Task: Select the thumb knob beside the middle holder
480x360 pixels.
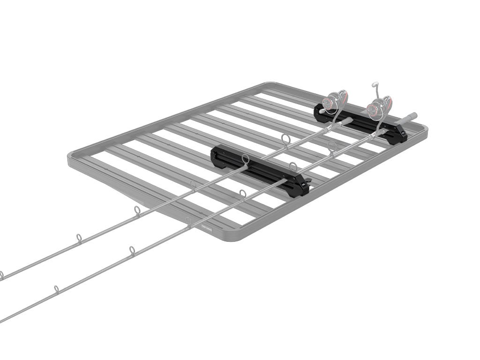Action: pyautogui.click(x=307, y=181)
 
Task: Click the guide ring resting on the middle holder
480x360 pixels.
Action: pyautogui.click(x=246, y=160)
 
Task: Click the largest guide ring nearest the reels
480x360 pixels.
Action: pyautogui.click(x=285, y=139)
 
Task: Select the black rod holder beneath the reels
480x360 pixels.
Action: pyautogui.click(x=361, y=121)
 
